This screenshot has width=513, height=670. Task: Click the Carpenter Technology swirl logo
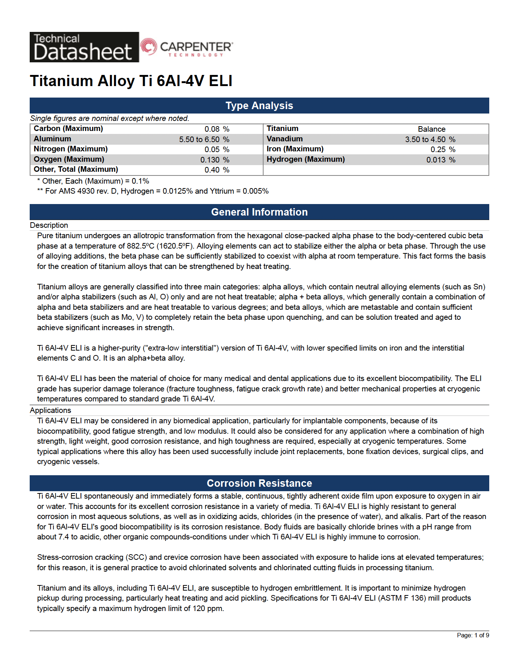(148, 47)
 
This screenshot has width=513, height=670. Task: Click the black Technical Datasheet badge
(84, 47)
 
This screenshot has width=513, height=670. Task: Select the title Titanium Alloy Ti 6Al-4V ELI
(131, 81)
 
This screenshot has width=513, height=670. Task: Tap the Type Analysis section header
(259, 106)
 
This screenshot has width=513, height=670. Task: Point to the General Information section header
(259, 212)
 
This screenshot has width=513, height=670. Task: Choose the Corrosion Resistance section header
(259, 483)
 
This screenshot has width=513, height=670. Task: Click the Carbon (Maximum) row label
(68, 129)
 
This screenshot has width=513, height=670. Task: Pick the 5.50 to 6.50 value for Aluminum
(199, 139)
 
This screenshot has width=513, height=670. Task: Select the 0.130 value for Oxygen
(210, 160)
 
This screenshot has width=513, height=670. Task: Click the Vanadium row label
(284, 139)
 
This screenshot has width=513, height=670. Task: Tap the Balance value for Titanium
(431, 129)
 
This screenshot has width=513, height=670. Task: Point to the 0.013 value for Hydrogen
(436, 160)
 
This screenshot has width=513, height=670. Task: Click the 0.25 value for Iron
(438, 150)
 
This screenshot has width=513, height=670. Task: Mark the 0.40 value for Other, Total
(212, 170)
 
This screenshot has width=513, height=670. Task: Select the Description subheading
(49, 225)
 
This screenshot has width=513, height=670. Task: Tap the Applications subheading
(50, 410)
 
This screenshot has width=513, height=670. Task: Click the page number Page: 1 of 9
(473, 635)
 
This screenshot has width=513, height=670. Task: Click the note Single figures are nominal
(110, 118)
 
